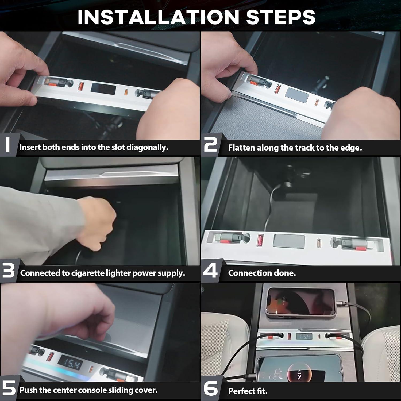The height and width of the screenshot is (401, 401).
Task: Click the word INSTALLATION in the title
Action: pos(158,17)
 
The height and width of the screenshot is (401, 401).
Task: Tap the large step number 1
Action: pos(8,145)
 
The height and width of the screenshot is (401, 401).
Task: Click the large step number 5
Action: pos(9,388)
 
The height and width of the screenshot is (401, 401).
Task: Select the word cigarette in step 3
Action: pos(88,273)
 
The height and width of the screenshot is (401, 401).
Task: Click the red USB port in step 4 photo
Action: pos(260,240)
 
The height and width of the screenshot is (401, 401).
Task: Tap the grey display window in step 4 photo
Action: pos(289,241)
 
